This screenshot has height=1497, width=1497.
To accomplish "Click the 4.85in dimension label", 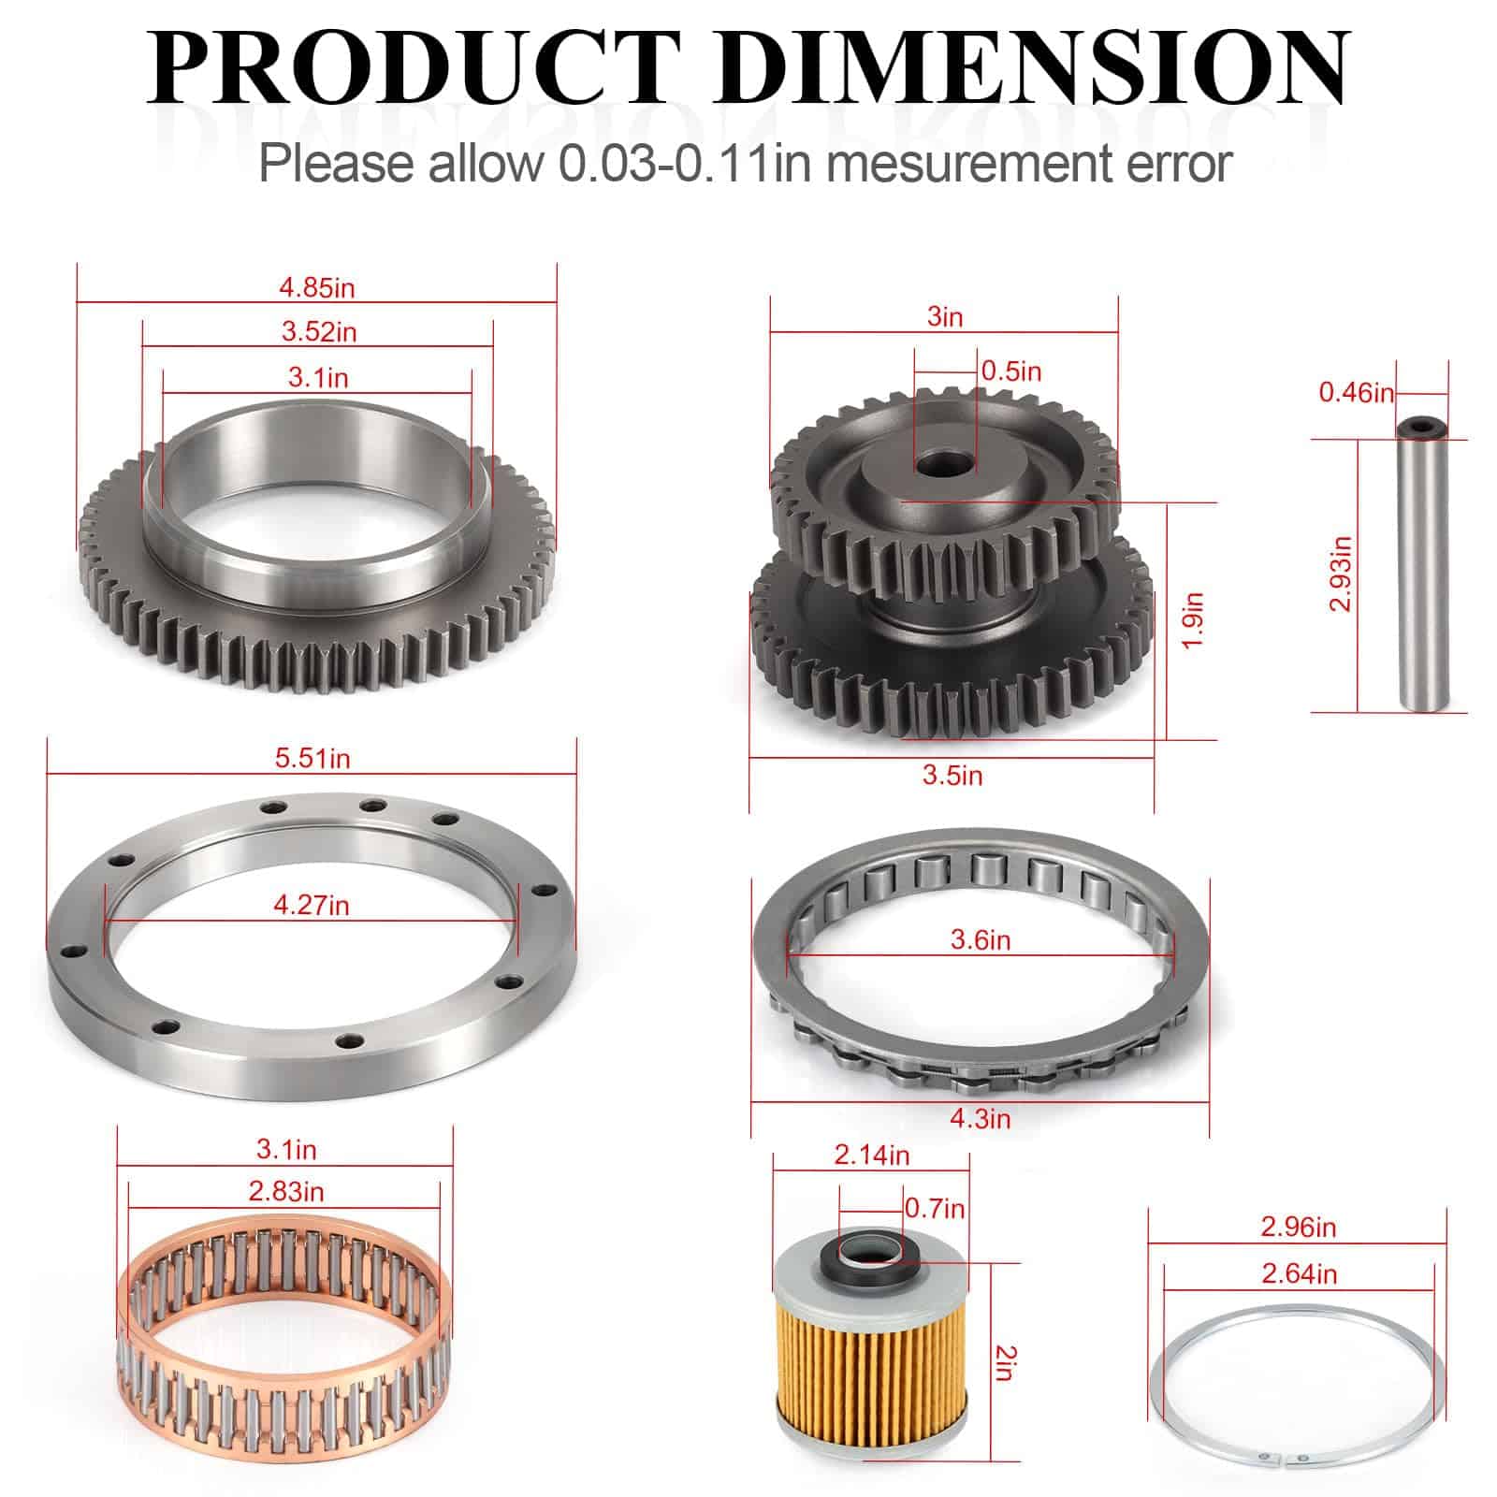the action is coord(317,287).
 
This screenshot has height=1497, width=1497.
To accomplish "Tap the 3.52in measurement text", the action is coord(319,331).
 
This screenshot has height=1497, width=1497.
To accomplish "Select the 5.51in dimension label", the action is coord(312,758).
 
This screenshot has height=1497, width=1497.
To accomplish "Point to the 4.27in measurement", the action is coord(312,905).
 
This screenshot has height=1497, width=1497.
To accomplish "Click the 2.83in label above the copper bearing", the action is coord(286,1192).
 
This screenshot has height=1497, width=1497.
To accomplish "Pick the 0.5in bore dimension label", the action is coord(1011,371).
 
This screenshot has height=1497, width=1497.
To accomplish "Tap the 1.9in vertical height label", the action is coord(1192,619).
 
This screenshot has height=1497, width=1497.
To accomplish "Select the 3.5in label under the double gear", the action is coord(952,776).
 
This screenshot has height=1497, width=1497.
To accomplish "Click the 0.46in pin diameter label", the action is coord(1357,392).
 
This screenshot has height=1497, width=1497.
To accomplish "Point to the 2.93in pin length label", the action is coord(1341,574).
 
